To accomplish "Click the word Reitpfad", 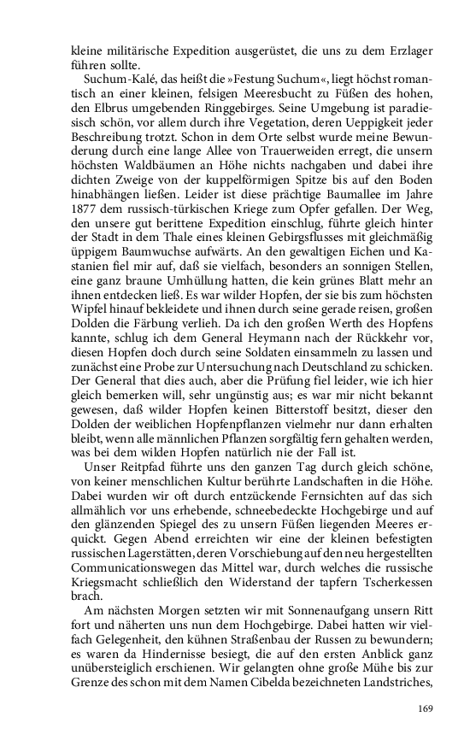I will pyautogui.click(x=138, y=473).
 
